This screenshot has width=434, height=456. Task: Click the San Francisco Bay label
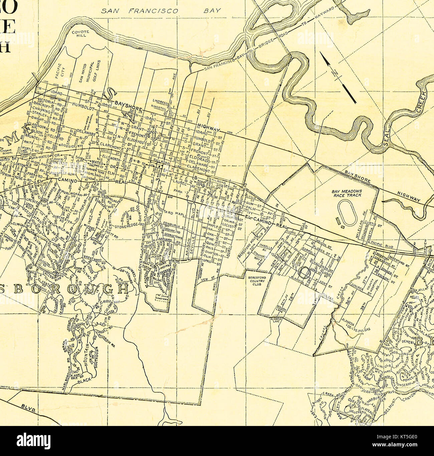[x=161, y=11]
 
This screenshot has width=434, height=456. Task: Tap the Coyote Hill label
[x=80, y=34]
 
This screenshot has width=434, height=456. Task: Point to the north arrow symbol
[x=338, y=77]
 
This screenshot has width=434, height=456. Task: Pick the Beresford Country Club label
[x=256, y=281]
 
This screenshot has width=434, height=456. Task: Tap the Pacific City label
[x=59, y=71]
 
